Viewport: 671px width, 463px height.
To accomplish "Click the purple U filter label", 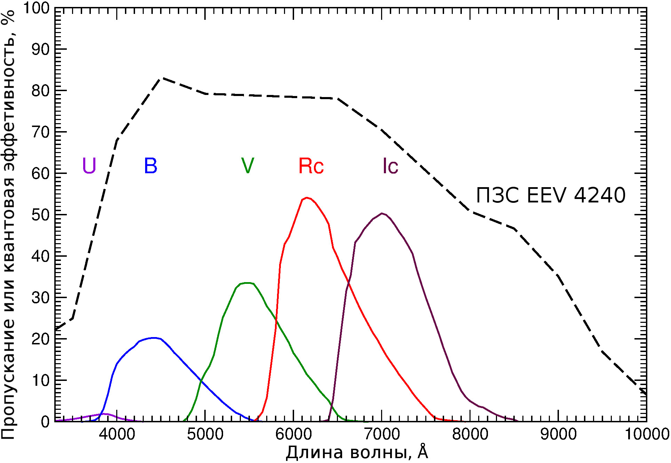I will coord(89,166).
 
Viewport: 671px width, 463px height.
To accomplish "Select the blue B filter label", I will coord(151,166).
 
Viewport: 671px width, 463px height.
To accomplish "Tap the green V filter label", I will coord(247,166).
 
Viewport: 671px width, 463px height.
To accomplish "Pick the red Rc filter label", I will coord(311,166).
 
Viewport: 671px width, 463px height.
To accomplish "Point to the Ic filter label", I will coord(390,166).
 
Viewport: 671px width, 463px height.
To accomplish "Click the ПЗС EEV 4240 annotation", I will coord(551,195).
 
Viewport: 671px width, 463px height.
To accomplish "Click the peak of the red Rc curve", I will coord(306,198).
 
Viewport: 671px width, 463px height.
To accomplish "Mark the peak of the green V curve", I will coord(247,283).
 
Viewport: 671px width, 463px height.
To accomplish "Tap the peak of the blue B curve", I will coord(153,337).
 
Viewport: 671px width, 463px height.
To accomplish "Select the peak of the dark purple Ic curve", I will coord(382,213).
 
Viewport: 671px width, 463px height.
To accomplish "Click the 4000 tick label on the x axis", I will coord(117,434).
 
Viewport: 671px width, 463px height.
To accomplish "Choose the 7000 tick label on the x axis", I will coord(382,434).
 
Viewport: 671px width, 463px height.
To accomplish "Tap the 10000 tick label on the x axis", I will coord(647,434).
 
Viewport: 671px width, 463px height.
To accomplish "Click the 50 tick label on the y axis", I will coord(41,215).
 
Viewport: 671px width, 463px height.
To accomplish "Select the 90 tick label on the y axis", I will coord(41,49).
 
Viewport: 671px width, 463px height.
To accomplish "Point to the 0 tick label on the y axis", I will coord(45,422).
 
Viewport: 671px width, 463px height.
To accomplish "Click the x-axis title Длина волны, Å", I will coord(357,453).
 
